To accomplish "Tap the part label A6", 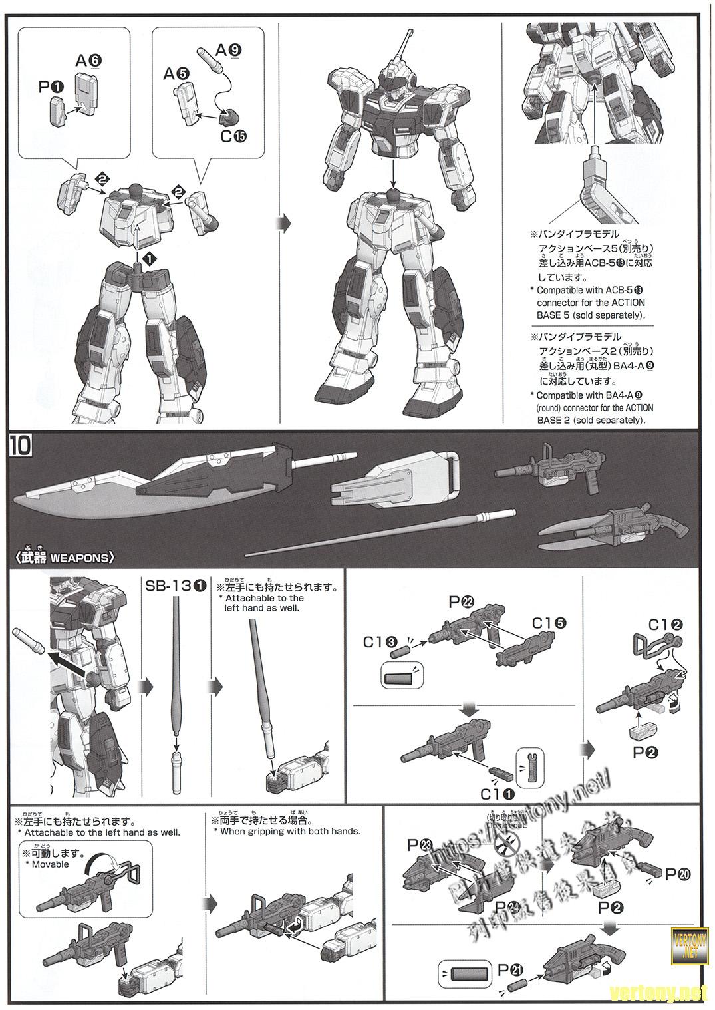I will (x=88, y=61).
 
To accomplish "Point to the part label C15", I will (x=234, y=136).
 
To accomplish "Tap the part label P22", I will (x=461, y=603).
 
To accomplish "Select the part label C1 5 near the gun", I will (x=549, y=623).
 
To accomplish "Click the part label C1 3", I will (x=380, y=642).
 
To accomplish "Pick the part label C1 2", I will (x=666, y=625).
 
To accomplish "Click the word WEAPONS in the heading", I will (x=78, y=558).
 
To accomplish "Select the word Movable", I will (x=51, y=864).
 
